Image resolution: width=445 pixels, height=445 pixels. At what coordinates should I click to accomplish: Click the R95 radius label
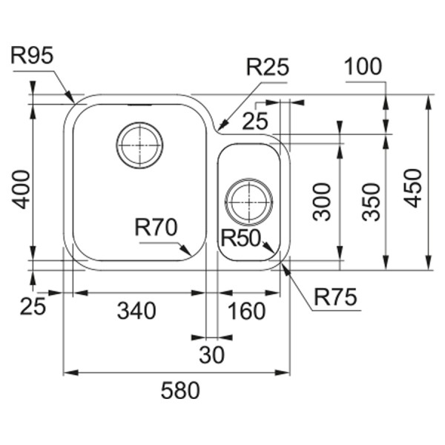pos(32,56)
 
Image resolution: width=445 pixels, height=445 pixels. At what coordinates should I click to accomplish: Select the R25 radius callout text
pos(268,67)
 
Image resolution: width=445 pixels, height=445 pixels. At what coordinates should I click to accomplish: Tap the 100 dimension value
pos(363,67)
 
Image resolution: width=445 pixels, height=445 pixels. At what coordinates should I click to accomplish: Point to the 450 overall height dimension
pos(413,188)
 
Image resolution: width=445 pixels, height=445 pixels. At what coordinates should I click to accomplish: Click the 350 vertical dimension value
pos(372,202)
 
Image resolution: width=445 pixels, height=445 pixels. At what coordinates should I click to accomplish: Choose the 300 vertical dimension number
pos(322,202)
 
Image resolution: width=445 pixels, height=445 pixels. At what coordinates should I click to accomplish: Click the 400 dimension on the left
pos(21,189)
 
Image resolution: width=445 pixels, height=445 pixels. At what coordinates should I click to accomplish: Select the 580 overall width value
pos(180,391)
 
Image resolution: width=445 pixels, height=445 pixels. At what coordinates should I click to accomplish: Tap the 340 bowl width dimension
pos(136,311)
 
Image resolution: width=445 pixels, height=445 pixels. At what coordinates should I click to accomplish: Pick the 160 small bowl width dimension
pos(247,311)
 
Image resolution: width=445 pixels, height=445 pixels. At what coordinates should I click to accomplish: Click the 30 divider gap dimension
pos(211,355)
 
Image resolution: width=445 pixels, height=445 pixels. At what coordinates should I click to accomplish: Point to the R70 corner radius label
pos(156,228)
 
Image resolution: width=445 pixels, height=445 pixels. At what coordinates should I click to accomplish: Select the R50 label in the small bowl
pos(240,238)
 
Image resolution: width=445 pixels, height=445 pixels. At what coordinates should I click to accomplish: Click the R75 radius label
pos(335,297)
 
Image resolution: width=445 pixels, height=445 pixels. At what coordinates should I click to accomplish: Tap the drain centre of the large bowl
pos(139,145)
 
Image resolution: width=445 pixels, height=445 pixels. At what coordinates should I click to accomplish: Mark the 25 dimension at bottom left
pos(33,306)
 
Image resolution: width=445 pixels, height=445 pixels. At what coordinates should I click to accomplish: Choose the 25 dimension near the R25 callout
pos(255,121)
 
